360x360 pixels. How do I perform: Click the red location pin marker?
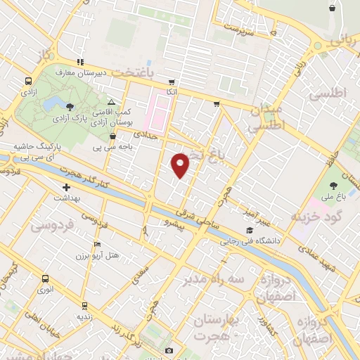181,165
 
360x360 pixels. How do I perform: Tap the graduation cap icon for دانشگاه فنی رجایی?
247,230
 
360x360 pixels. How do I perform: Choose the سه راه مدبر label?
205,278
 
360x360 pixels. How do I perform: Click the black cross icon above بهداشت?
67,188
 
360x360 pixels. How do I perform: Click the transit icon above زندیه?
85,306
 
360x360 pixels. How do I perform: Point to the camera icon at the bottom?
169,350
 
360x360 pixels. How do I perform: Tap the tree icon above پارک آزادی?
70,107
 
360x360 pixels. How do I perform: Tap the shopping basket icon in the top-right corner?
331,8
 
